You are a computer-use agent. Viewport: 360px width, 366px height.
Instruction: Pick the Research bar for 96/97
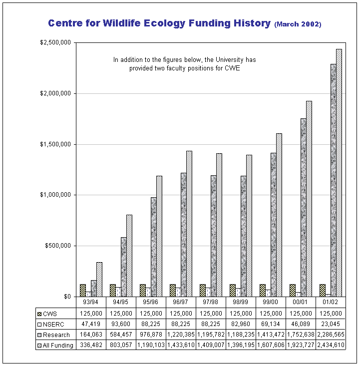(x=183, y=235)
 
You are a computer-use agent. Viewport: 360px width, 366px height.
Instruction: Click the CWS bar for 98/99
(x=232, y=290)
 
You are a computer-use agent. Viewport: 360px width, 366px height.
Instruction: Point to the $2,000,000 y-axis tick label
(x=56, y=93)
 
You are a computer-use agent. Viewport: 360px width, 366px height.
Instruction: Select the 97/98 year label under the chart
(x=210, y=302)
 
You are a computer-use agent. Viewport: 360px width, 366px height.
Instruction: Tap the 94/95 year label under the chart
(x=120, y=302)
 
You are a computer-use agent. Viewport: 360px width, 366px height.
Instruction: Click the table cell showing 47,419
(x=91, y=324)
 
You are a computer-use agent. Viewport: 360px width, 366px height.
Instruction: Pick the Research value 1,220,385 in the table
(x=180, y=335)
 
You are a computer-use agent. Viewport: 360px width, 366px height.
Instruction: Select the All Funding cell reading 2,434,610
(x=330, y=345)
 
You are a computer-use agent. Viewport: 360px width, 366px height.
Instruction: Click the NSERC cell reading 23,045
(x=330, y=324)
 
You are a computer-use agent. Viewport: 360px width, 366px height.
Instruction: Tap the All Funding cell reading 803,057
(x=120, y=345)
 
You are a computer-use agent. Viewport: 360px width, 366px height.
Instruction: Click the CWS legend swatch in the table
(x=39, y=314)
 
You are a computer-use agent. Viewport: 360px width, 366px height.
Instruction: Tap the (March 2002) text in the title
(x=298, y=24)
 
